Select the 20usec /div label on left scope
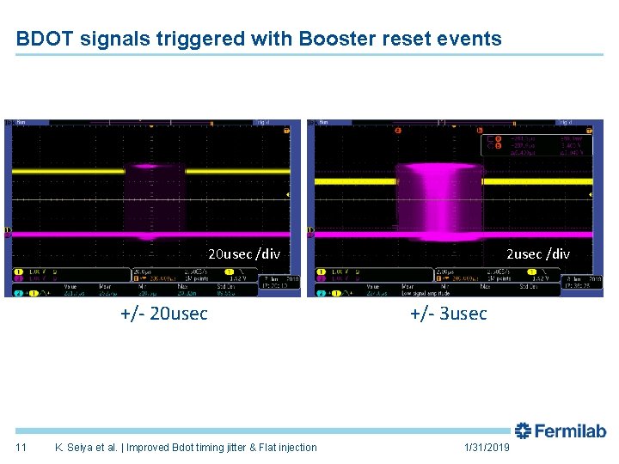click(x=244, y=254)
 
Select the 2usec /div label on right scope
click(x=537, y=254)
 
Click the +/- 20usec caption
click(x=164, y=314)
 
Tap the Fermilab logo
click(x=561, y=431)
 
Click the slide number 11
click(x=21, y=448)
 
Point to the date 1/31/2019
click(x=487, y=448)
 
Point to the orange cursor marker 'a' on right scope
click(x=397, y=131)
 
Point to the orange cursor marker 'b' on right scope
click(x=480, y=131)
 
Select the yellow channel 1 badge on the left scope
click(x=18, y=272)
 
